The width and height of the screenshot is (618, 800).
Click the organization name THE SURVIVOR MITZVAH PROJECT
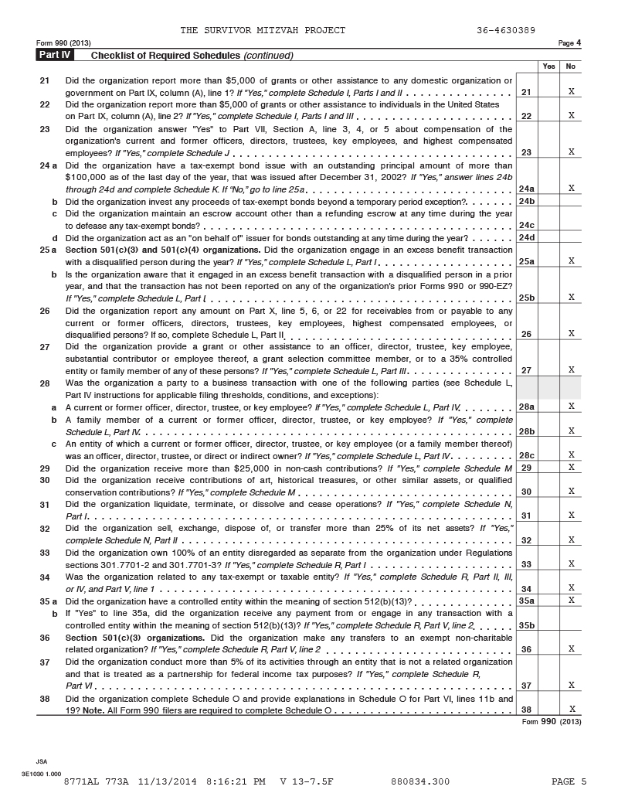tap(263, 30)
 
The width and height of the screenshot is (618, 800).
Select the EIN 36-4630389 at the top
tap(507, 30)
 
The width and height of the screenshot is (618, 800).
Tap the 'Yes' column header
tap(548, 66)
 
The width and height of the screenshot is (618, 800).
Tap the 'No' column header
tap(570, 66)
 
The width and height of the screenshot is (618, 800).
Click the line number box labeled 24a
tap(527, 188)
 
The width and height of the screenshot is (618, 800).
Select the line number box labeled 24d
tap(527, 237)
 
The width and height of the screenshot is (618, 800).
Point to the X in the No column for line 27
tap(570, 370)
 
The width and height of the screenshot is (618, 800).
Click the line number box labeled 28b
tap(527, 431)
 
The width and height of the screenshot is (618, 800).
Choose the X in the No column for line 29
tap(570, 467)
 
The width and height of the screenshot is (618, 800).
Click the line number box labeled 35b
tap(527, 625)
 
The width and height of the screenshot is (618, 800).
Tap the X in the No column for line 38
tap(570, 710)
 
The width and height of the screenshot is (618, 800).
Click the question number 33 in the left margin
tap(45, 553)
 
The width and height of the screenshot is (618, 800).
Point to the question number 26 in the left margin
tap(45, 311)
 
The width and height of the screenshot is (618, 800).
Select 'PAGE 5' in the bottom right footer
tap(569, 781)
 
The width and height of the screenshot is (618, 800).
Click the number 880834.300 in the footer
tap(420, 781)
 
